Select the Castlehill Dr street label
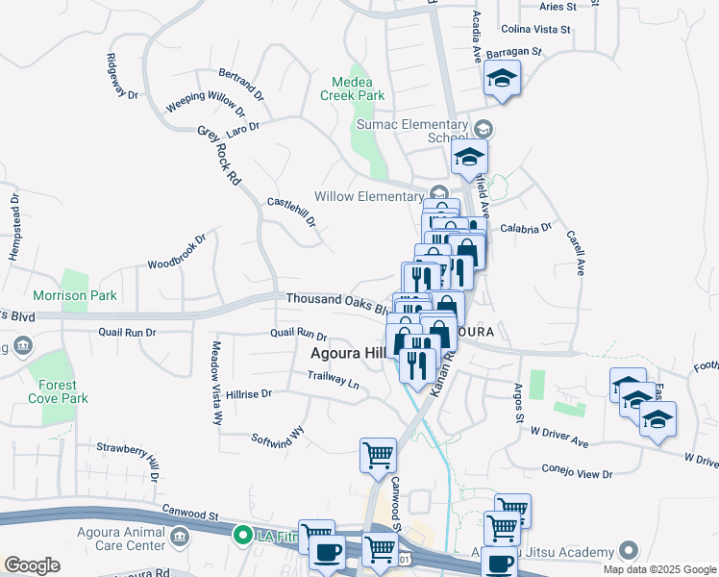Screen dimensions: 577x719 292,213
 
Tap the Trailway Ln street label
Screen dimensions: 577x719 334,379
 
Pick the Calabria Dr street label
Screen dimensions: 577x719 526,228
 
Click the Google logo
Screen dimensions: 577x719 33,565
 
